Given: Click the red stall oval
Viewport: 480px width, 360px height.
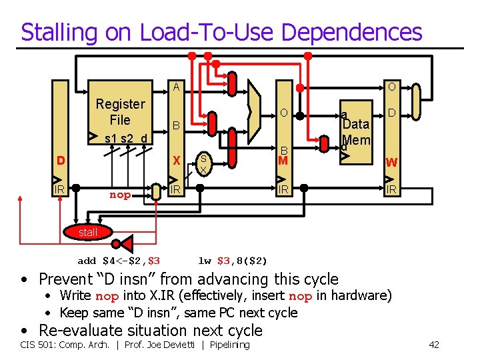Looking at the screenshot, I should (88, 232).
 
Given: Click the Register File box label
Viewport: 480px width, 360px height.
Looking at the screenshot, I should (120, 112).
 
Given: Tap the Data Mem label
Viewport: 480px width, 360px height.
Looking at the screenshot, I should (355, 131).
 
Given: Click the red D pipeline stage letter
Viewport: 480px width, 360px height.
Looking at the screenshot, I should (61, 161).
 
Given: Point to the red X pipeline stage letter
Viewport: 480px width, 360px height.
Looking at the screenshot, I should (177, 161).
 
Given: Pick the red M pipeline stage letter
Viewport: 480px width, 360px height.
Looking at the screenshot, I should (283, 161).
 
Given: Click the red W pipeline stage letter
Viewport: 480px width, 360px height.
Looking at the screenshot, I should (392, 162).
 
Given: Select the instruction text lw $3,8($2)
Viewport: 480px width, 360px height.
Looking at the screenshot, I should (233, 260).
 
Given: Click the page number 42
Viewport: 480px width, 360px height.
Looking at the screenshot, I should (434, 345).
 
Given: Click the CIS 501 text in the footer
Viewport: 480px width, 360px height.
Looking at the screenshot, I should (39, 345).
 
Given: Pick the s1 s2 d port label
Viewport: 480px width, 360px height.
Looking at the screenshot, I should (121, 139).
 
